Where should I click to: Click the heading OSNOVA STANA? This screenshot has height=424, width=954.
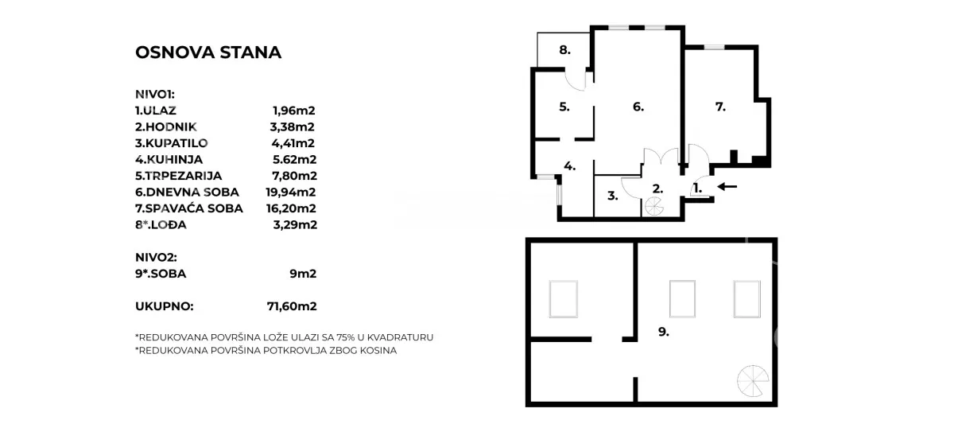coord(208,53)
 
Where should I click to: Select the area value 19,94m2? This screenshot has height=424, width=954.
coord(291,192)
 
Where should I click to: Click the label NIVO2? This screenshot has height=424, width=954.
coord(156,258)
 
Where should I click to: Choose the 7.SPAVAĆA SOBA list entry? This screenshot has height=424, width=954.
coord(189,208)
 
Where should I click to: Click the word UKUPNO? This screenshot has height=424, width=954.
coord(165,305)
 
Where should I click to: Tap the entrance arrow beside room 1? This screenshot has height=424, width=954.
coord(727,188)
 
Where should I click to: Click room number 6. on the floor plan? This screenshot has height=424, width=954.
coord(638,106)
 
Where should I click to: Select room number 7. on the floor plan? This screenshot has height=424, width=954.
coord(720,106)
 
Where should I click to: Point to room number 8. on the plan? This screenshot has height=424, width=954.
coord(564,50)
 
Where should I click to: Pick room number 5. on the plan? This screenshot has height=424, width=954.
coord(564,106)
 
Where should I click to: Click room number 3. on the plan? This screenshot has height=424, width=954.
coord(613,195)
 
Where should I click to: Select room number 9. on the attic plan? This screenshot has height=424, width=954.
coord(663,332)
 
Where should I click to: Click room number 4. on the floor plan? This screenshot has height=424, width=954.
coord(569,166)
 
